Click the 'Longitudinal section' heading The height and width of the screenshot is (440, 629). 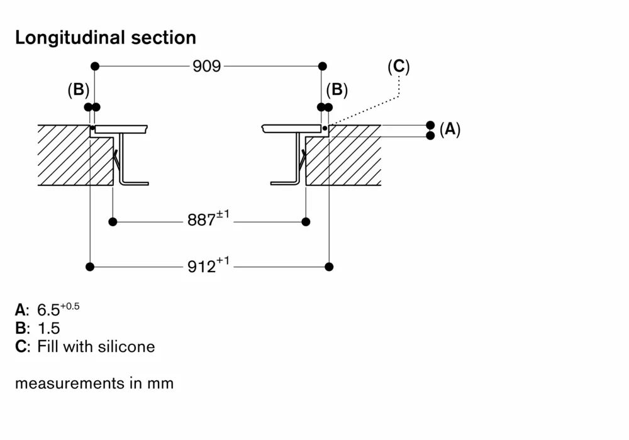[106, 38]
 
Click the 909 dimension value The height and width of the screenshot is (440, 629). [207, 66]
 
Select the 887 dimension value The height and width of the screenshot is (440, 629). [202, 221]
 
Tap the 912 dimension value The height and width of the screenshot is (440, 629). [202, 267]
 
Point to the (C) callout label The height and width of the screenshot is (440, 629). [398, 67]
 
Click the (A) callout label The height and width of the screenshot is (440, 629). [450, 130]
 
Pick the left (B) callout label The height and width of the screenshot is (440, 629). [79, 90]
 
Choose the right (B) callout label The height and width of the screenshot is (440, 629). [337, 90]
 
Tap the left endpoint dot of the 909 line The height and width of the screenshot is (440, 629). [94, 66]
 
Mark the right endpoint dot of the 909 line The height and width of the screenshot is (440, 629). [323, 66]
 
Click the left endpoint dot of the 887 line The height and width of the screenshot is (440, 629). [113, 221]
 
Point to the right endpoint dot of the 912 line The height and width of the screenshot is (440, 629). [329, 267]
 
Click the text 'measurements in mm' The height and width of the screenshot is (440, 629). [94, 383]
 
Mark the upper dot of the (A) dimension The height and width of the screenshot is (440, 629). [430, 124]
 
